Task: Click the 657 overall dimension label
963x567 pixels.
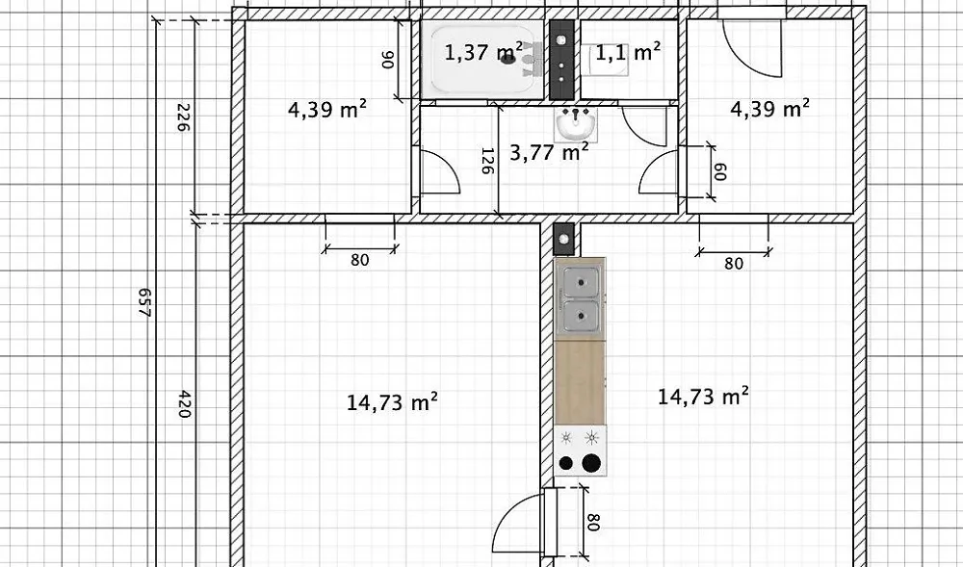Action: click(145, 302)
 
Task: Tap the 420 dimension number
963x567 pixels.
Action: click(184, 403)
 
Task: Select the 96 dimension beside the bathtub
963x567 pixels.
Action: click(389, 60)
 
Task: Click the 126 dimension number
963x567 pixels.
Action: click(487, 161)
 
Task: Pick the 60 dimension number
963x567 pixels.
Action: click(719, 171)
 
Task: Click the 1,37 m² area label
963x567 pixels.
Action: click(483, 52)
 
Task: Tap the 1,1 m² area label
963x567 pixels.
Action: click(628, 52)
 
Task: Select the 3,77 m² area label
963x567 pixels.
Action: click(550, 151)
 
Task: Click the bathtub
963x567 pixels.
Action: click(482, 59)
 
